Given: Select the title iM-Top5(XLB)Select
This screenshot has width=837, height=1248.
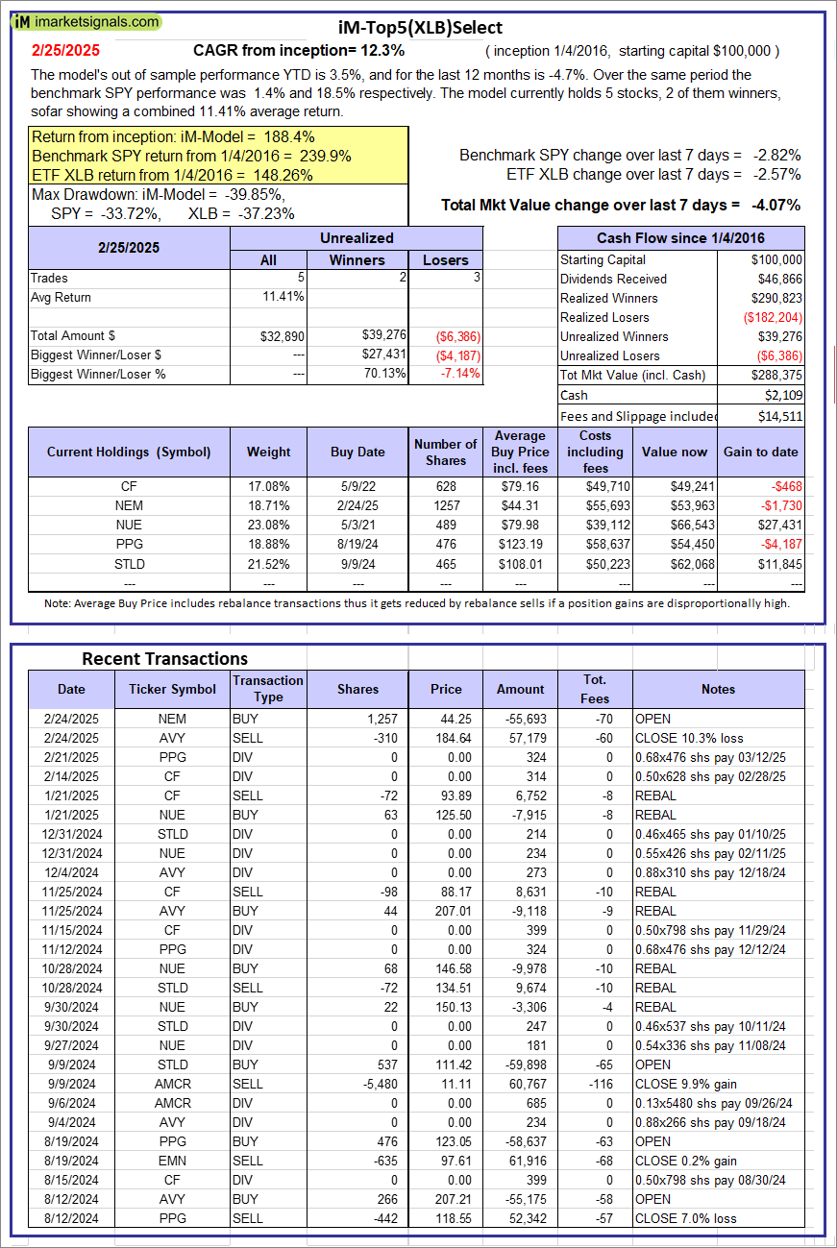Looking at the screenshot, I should click(x=420, y=28).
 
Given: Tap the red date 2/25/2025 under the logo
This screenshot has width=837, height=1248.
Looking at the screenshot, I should click(x=64, y=50).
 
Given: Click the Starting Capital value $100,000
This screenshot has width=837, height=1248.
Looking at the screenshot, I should click(x=776, y=259).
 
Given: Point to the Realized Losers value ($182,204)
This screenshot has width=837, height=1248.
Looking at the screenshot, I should click(x=773, y=317).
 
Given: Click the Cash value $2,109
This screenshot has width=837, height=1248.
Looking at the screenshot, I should click(x=783, y=395).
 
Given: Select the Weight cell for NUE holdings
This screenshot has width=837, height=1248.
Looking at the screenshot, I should click(x=268, y=525).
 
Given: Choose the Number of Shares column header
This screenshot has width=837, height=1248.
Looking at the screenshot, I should click(x=445, y=452).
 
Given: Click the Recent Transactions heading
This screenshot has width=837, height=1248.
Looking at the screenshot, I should click(x=164, y=658).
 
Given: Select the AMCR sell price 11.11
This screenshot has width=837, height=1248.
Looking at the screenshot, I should click(x=446, y=1084).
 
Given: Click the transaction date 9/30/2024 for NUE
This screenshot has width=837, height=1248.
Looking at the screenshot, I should click(x=70, y=1007).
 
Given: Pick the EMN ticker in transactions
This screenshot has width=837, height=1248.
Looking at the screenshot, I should click(x=172, y=1161).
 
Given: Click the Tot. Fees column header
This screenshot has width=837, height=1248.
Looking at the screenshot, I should click(x=595, y=689).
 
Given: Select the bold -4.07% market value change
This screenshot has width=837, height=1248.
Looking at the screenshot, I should click(x=775, y=205).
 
